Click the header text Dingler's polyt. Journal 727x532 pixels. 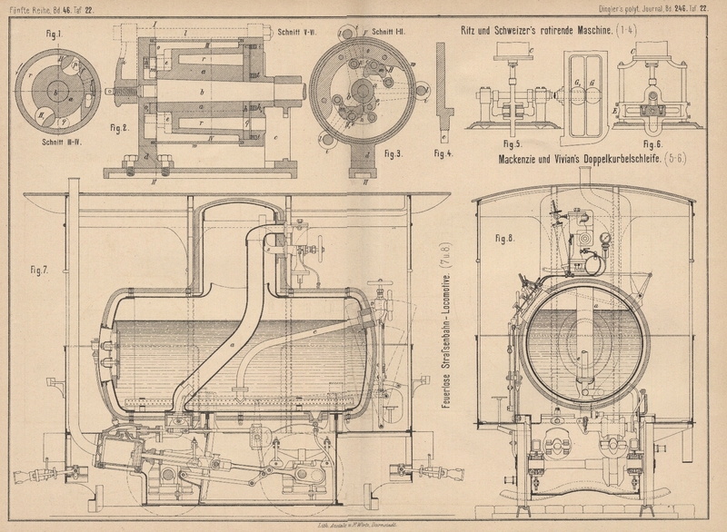[x=637, y=8]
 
